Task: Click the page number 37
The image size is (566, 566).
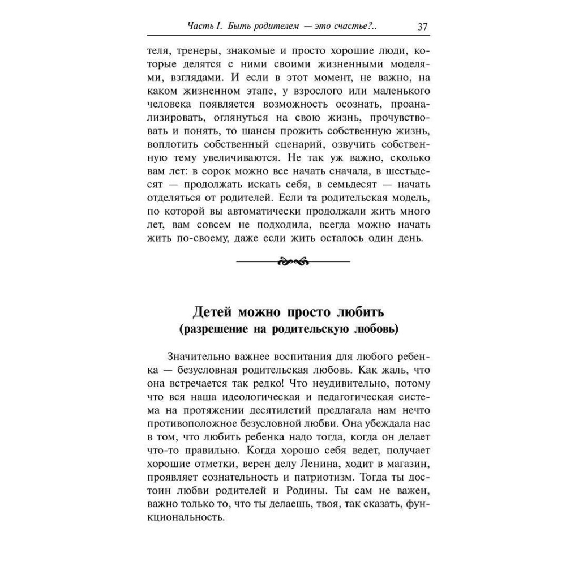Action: (x=422, y=27)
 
